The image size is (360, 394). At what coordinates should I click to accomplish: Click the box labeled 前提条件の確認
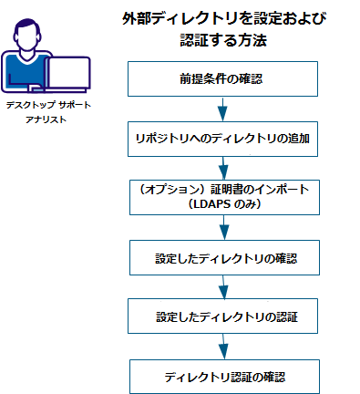222,79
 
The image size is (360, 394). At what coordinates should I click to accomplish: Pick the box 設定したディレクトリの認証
222,316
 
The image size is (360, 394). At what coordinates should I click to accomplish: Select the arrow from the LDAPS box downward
222,227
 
